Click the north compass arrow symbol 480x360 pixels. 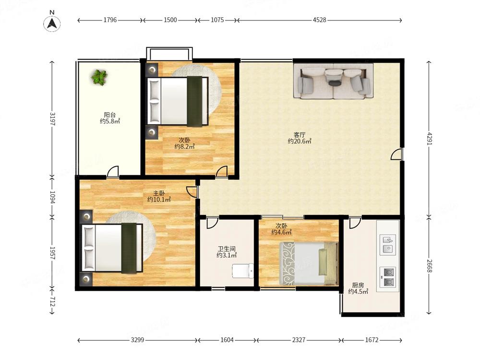pyautogui.click(x=52, y=23)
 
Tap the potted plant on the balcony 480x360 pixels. pyautogui.click(x=99, y=77)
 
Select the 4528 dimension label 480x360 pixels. pyautogui.click(x=319, y=20)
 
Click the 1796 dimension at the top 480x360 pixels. pyautogui.click(x=110, y=20)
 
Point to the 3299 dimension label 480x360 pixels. pyautogui.click(x=137, y=340)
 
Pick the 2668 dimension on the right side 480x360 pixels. pyautogui.click(x=429, y=266)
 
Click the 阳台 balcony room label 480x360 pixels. pyautogui.click(x=110, y=115)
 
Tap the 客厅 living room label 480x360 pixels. pyautogui.click(x=300, y=135)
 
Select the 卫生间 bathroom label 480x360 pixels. pyautogui.click(x=227, y=249)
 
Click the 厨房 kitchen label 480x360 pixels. pyautogui.click(x=358, y=285)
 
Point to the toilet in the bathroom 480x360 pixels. pyautogui.click(x=243, y=271)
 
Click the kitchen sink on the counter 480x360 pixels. pyautogui.click(x=388, y=245)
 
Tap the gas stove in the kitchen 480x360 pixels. pyautogui.click(x=388, y=277)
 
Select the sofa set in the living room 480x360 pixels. pyautogui.click(x=334, y=81)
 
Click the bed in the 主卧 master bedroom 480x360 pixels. pyautogui.click(x=112, y=248)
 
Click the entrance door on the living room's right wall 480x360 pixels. pyautogui.click(x=397, y=154)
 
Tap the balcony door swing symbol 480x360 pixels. pyautogui.click(x=113, y=171)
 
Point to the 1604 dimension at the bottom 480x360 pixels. pyautogui.click(x=227, y=340)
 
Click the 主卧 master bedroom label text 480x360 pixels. pyautogui.click(x=159, y=193)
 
